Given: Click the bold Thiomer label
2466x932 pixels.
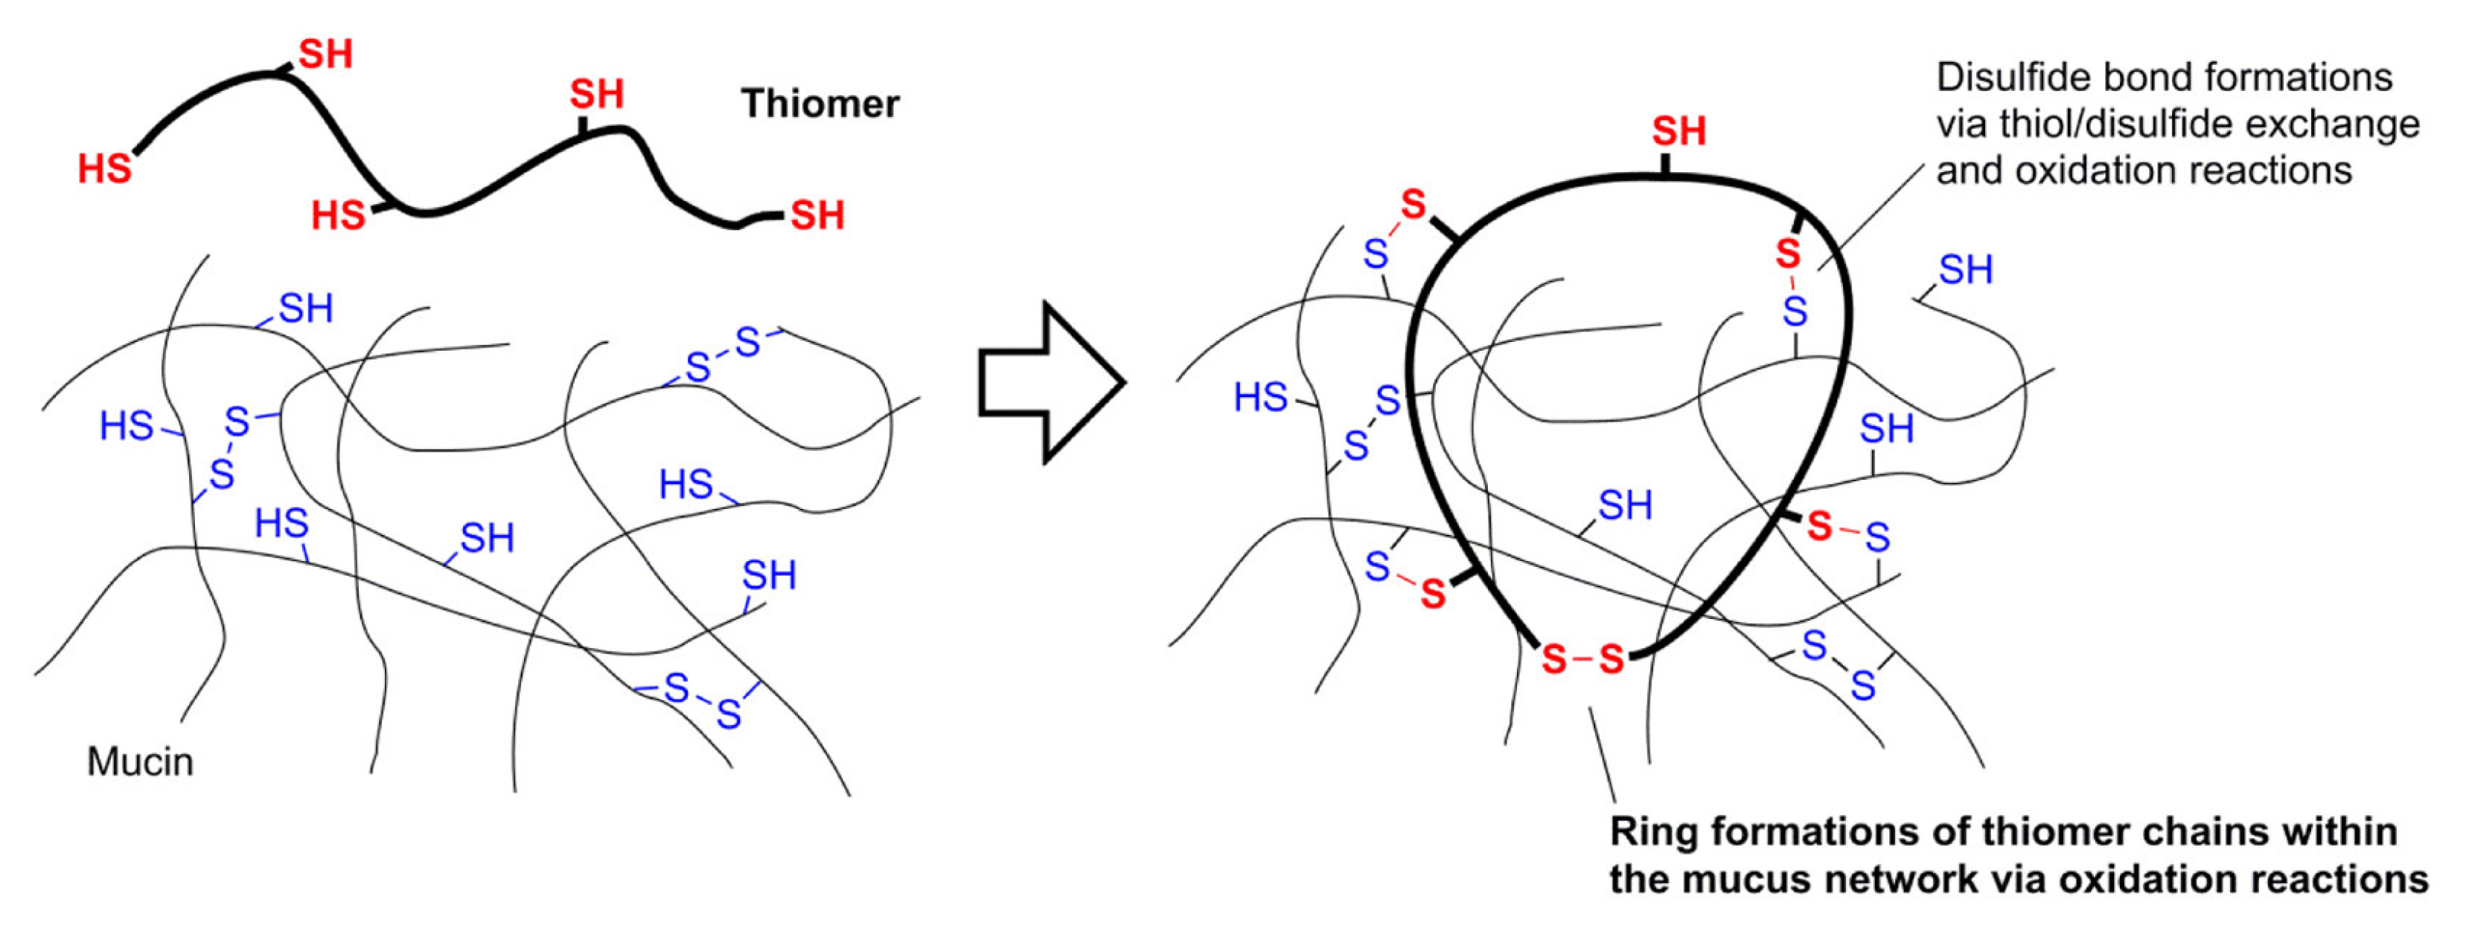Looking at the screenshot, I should point(820,104).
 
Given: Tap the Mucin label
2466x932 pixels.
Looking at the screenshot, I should point(140,761).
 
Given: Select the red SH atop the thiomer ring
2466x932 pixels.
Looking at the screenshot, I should point(1678,131).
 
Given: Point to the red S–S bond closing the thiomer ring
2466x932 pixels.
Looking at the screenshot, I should point(1582,659).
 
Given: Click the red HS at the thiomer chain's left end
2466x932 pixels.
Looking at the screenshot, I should point(104,170).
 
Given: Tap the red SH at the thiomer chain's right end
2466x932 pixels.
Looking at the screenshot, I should point(817,215).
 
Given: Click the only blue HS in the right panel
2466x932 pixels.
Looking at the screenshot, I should point(1260,396).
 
